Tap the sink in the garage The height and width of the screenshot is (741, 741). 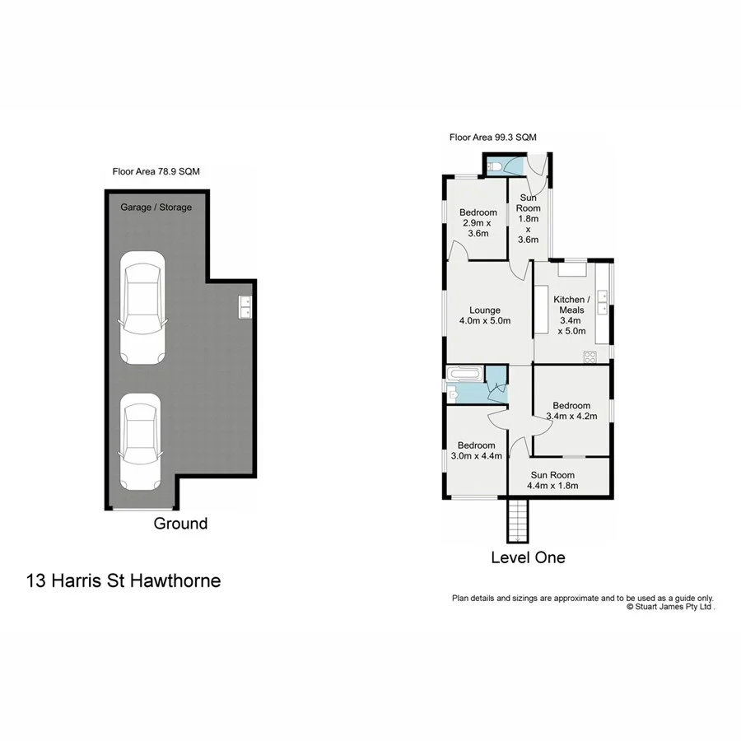pos(245,306)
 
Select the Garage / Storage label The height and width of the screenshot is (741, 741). pos(156,207)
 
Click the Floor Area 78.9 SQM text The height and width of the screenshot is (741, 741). pos(156,172)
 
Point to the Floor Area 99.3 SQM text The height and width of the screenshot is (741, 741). pos(493,138)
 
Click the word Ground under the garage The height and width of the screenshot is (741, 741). pos(180,524)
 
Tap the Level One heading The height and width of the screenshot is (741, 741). pos(528,557)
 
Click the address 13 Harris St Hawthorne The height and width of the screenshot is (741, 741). pos(123,580)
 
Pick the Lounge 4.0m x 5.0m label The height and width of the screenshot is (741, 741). pos(485,315)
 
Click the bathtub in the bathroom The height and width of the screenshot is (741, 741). pos(464,375)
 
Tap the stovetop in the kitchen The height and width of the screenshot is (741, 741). pos(590,357)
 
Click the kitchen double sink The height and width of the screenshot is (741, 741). pos(603,302)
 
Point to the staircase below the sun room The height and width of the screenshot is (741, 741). pos(515,521)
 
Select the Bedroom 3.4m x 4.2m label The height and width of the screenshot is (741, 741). pos(571,411)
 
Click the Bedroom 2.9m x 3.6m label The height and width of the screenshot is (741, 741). pos(477,223)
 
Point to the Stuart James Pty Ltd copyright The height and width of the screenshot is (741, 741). pos(670,607)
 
